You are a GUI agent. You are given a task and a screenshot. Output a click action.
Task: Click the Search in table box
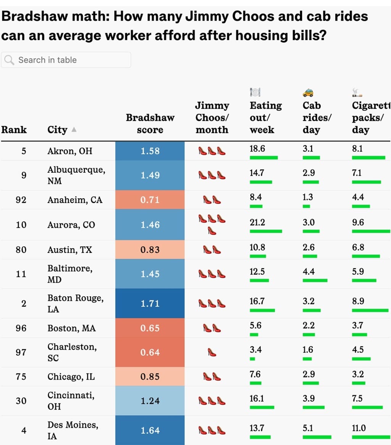pos(66,60)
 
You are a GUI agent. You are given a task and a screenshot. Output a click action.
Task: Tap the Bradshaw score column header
pos(150,124)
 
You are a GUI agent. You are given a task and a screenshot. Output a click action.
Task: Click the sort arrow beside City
pos(74,130)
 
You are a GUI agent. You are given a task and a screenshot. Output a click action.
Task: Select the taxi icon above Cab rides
pos(308,92)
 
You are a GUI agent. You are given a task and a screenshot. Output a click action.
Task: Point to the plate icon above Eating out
pos(255,92)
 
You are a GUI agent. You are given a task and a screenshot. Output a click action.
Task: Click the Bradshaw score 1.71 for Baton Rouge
pos(150,304)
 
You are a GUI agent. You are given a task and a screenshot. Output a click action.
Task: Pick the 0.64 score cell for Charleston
pos(150,352)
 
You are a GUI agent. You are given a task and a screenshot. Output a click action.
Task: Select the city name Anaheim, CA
pos(75,200)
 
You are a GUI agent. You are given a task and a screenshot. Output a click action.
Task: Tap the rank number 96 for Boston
pos(21,328)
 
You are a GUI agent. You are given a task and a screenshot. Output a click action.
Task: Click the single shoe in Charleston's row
pos(212,353)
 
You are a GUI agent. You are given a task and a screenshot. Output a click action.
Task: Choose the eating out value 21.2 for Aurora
pos(257,222)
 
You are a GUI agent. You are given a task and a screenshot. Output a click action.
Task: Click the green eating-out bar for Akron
pos(264,157)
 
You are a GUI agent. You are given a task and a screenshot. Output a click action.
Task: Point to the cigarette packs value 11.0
pos(359,428)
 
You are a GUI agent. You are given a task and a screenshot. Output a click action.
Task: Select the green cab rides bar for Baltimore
pos(315,281)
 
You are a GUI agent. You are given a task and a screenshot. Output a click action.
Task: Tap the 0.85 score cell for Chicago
pos(150,377)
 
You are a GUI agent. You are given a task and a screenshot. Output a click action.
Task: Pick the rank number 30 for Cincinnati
pos(21,401)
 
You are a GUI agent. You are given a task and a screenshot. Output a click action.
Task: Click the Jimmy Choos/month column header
pos(212,117)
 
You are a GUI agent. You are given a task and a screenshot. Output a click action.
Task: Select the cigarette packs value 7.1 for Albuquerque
pos(357,173)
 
